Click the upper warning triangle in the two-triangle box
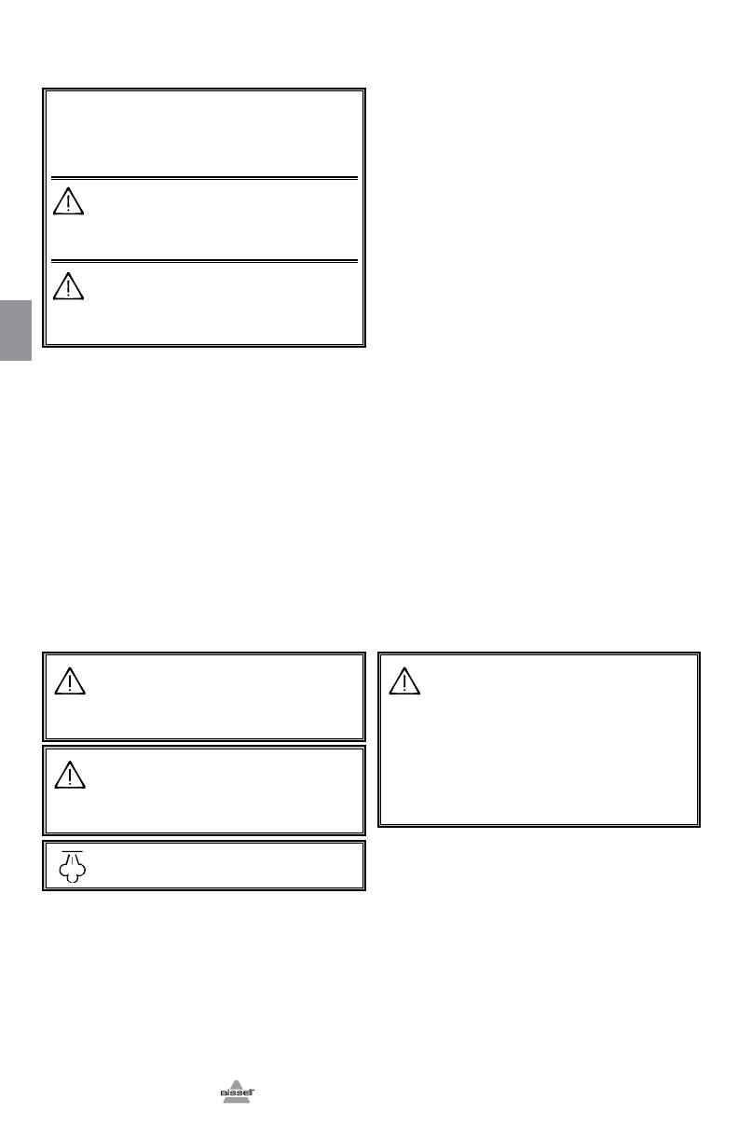tap(68, 202)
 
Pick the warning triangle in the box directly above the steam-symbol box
tap(69, 775)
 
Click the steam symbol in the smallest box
tap(72, 866)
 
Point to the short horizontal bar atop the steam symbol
tap(72, 852)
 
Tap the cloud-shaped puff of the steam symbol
tap(72, 873)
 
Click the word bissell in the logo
tap(237, 1089)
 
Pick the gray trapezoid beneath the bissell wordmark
tap(237, 1099)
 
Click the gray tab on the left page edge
tap(16, 330)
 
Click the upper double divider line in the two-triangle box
tap(204, 176)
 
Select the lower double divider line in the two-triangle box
tap(204, 260)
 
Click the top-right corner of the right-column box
tap(699, 653)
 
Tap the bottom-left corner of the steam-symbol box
tap(44, 889)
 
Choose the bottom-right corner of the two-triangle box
tap(363, 346)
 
